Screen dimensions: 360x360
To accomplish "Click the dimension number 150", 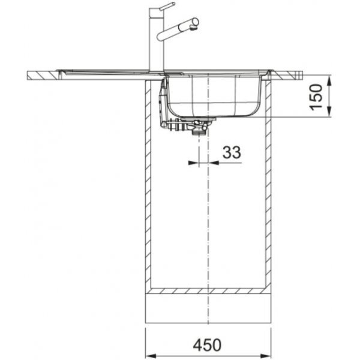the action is coord(316,97).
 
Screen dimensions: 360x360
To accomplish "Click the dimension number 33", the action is coord(232,152).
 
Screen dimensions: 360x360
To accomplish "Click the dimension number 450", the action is coord(208,345).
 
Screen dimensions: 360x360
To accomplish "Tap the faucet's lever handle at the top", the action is coord(167,6).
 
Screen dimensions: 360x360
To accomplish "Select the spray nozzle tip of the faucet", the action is coord(194,28).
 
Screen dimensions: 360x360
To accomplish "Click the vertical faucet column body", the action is coord(157,39).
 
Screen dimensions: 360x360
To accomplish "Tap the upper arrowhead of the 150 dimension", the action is coord(329,80).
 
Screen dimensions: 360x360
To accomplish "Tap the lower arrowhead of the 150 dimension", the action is coord(329,112).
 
